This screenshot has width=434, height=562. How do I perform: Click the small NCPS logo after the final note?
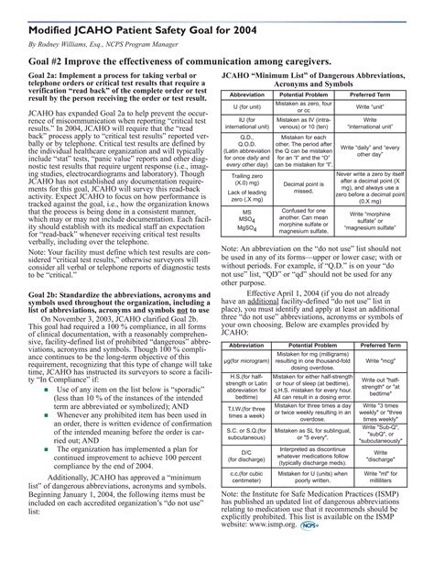click(320, 551)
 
